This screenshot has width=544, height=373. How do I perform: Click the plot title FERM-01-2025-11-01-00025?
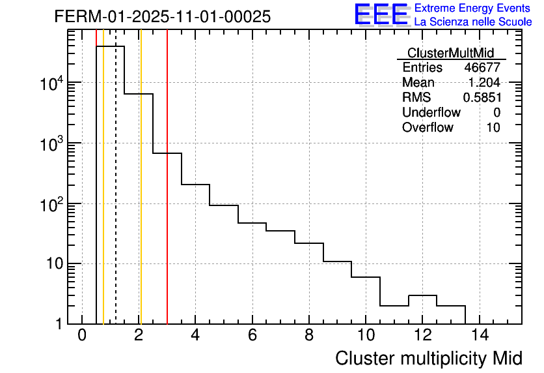pos(162,17)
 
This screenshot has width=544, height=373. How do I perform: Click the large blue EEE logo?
pos(381,15)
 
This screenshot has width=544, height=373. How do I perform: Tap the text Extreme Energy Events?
pos(473,8)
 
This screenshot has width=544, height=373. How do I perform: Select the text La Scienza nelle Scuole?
pos(473,22)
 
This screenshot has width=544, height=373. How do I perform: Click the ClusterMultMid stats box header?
pos(450,53)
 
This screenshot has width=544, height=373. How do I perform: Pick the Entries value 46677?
pos(482,68)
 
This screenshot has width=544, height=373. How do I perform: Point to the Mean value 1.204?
pos(484,83)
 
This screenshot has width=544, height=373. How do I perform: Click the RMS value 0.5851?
pos(482,98)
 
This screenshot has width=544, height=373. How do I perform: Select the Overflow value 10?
pos(493,128)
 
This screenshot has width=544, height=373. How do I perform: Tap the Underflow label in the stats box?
pos(431,113)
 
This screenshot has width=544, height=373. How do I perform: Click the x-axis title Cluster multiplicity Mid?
pos(428,358)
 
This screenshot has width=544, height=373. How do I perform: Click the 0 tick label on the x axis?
pos(82,336)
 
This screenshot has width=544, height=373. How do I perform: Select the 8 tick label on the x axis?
pos(309,336)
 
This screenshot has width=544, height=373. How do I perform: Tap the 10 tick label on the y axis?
pos(54,264)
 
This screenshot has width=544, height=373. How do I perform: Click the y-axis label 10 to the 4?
pos(51,83)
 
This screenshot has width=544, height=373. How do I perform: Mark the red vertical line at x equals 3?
pos(167,196)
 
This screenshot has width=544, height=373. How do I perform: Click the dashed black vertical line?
pos(116,196)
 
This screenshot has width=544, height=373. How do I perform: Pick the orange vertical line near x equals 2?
pos(140,196)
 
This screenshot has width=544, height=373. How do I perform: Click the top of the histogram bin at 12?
pos(422,295)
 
